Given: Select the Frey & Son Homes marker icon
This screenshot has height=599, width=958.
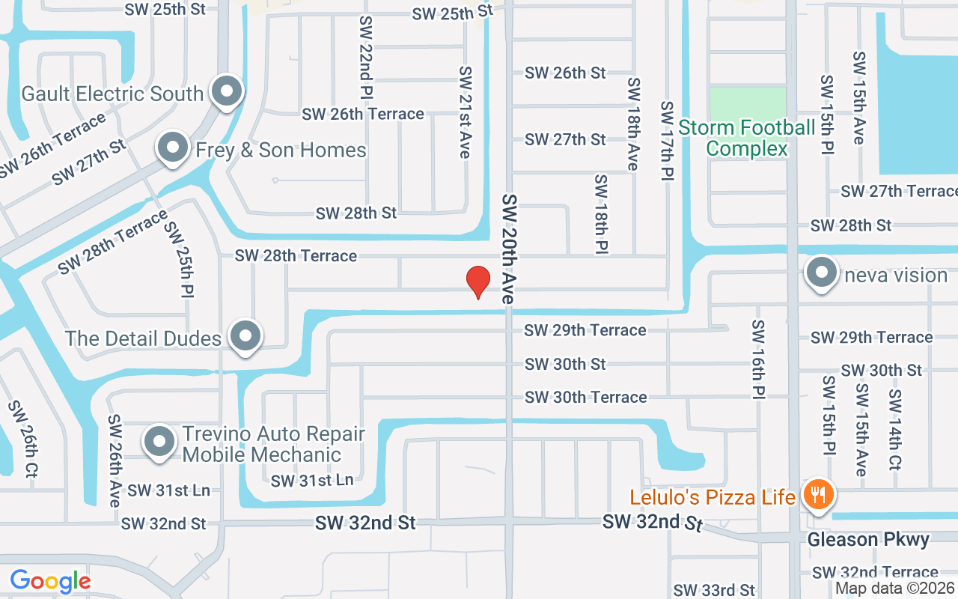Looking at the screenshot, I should (173, 148).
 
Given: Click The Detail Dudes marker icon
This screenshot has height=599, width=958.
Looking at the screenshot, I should (245, 337).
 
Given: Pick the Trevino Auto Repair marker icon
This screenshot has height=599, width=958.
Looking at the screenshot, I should (159, 443).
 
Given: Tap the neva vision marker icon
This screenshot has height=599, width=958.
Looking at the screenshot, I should (822, 274).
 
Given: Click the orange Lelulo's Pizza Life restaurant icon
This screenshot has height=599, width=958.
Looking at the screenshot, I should (820, 495).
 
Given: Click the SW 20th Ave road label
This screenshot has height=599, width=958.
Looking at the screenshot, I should (510, 249).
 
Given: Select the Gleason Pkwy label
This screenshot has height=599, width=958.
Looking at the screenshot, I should (868, 540).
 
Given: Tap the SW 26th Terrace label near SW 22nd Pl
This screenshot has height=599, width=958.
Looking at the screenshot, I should (363, 114).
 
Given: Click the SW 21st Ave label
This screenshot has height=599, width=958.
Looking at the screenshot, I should (466, 112).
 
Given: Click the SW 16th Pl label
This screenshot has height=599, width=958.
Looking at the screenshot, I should (757, 359).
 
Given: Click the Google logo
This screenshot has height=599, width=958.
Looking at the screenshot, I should (50, 580).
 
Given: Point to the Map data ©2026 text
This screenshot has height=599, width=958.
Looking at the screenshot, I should (895, 589).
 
